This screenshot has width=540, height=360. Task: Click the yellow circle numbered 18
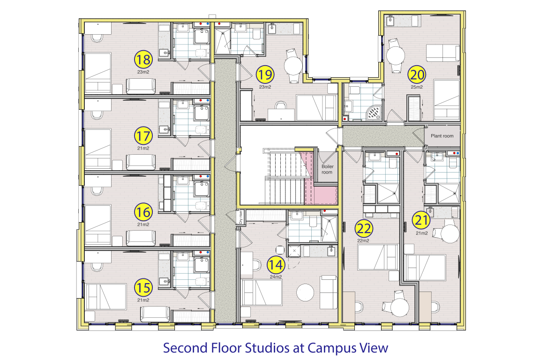[143, 60]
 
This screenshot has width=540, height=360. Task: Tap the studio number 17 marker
[143, 136]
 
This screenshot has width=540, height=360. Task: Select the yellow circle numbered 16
[143, 212]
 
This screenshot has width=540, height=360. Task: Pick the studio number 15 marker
[143, 288]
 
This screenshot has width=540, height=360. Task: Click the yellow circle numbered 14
[276, 265]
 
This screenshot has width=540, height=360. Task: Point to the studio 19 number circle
[265, 75]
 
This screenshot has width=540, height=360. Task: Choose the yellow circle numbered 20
[417, 75]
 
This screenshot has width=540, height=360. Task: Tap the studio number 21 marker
[421, 220]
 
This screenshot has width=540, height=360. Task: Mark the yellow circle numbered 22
[364, 228]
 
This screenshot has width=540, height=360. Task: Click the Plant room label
[442, 136]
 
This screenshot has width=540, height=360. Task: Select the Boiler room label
[327, 169]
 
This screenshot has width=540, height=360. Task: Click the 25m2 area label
[417, 87]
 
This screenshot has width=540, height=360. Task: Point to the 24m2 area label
[276, 277]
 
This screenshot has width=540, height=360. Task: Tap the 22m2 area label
[363, 241]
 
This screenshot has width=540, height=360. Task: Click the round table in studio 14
[306, 292]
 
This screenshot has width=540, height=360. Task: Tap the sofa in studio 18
[141, 86]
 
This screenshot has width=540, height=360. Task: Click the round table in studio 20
[395, 55]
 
